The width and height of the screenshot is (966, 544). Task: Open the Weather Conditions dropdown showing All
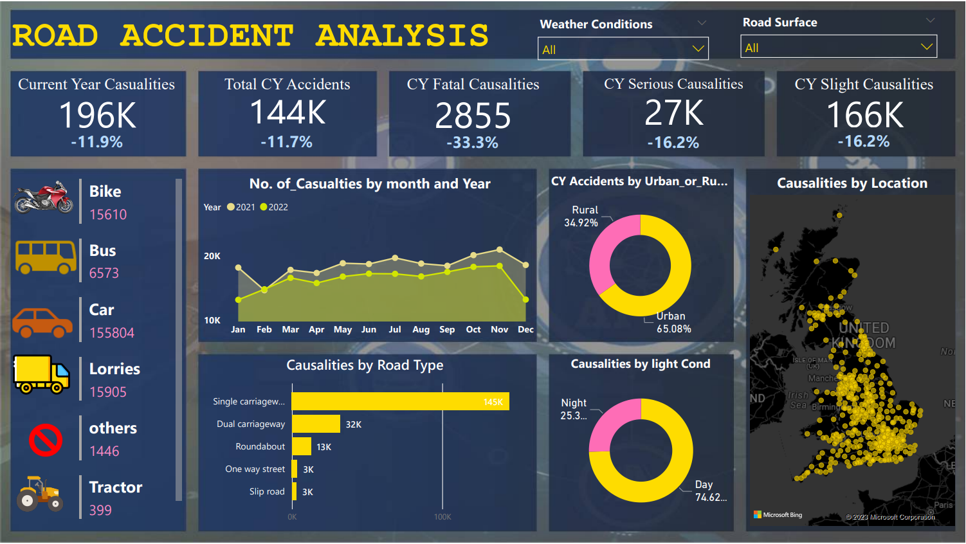[623, 49]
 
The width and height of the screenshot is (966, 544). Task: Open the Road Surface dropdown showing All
[838, 47]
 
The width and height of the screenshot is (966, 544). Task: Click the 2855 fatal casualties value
[473, 116]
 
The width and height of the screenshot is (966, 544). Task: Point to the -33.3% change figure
[472, 143]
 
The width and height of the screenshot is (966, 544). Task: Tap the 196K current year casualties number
[97, 116]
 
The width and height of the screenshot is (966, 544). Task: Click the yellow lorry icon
[42, 374]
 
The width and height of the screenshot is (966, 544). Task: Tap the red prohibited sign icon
[46, 440]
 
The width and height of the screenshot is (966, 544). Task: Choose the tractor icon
[40, 494]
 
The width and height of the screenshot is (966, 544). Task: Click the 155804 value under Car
[112, 333]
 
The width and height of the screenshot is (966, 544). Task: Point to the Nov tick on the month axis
[499, 330]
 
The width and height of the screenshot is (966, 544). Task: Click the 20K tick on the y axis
[212, 256]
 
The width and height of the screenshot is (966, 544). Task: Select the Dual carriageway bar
[316, 424]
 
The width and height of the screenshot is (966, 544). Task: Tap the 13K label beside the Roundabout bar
[324, 447]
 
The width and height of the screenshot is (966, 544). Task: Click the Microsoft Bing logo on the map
[778, 515]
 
